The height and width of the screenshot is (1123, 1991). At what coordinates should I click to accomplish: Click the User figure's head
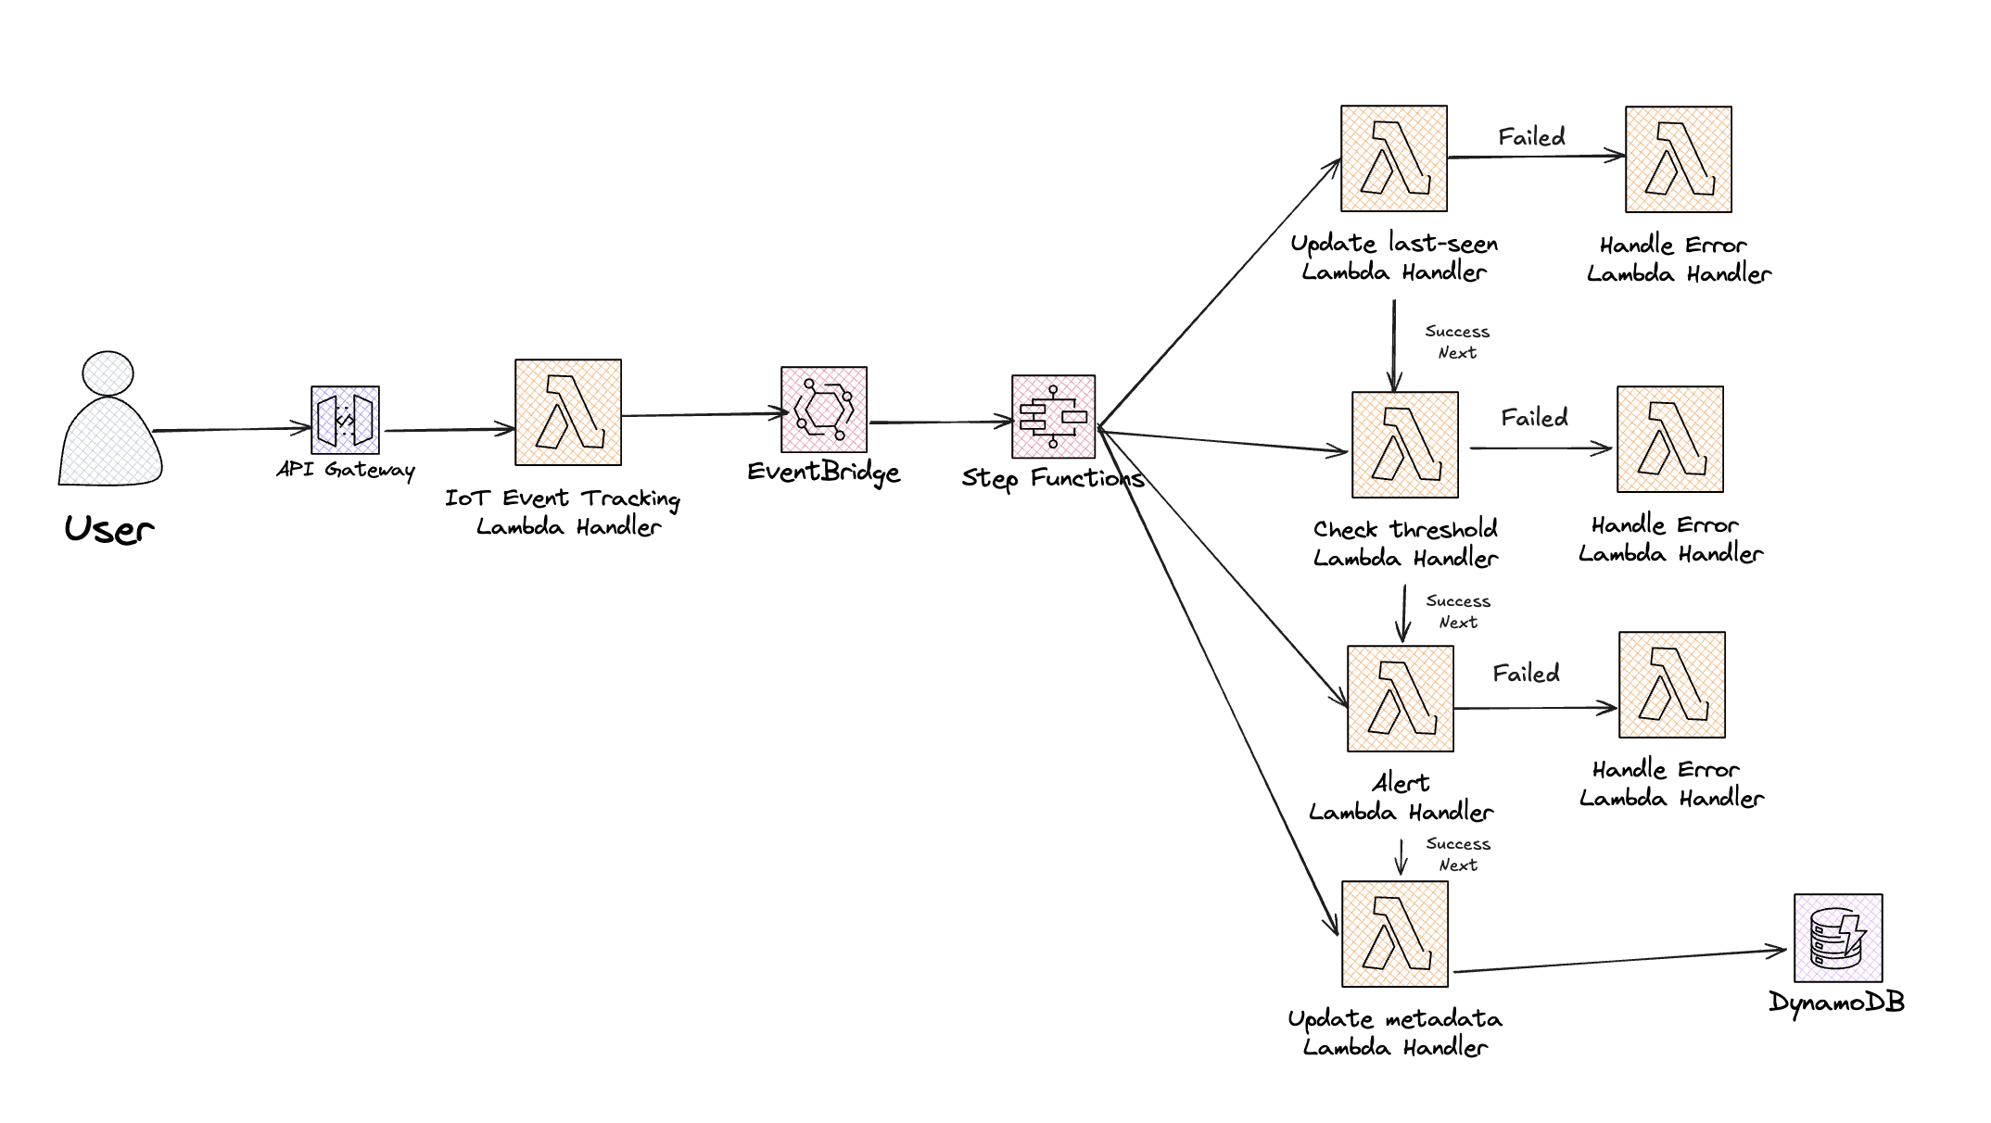108,372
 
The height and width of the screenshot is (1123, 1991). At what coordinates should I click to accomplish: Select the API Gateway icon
345,420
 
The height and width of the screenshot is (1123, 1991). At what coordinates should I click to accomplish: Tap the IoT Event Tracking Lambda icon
568,412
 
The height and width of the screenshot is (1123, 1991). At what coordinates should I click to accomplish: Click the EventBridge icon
824,410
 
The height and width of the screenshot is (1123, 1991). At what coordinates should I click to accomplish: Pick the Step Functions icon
1053,417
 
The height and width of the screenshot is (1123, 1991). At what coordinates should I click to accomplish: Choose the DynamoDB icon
1838,938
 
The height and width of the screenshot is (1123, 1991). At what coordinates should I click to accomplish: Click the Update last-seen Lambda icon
1394,158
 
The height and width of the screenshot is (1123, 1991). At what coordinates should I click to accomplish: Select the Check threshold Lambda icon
1405,445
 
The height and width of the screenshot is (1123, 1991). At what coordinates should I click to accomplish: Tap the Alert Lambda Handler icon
1401,699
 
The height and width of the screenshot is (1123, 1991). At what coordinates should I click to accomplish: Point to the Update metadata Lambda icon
1395,934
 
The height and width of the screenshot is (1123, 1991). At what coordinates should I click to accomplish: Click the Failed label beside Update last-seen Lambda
1532,137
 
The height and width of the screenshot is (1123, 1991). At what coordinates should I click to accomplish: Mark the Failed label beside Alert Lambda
1526,674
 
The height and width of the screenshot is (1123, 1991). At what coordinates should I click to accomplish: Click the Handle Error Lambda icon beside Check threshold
1670,439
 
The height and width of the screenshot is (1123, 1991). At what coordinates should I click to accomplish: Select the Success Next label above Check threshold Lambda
1457,342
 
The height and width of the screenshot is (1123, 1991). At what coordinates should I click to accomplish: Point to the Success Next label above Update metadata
1458,854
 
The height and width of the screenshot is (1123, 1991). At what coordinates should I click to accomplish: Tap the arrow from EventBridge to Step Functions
940,423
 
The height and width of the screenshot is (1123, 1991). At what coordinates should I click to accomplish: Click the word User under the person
109,529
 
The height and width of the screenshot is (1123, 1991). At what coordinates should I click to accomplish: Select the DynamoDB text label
1836,1002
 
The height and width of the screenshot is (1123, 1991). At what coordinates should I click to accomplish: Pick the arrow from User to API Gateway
232,429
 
